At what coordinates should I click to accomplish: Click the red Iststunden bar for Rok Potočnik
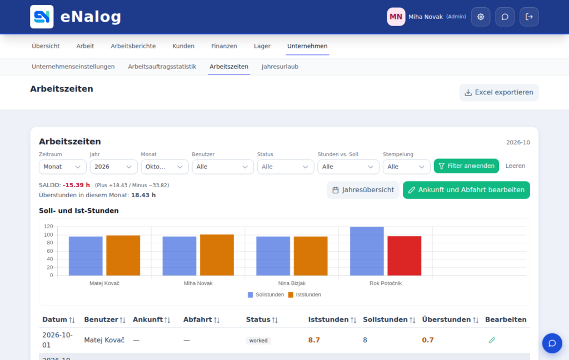(x=405, y=256)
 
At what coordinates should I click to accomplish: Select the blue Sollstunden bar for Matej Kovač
(x=86, y=256)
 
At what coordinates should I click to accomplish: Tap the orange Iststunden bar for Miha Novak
(x=217, y=255)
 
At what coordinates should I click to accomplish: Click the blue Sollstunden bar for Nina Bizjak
(x=273, y=256)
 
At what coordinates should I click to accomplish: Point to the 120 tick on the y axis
(x=49, y=227)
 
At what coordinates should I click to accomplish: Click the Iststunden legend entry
(x=305, y=294)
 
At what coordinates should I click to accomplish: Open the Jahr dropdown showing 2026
(x=113, y=167)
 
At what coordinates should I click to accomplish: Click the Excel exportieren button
(x=499, y=93)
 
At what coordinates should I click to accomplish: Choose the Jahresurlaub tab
(x=280, y=67)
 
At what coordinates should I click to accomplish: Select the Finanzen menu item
(x=224, y=46)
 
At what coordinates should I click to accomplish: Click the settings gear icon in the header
(x=481, y=17)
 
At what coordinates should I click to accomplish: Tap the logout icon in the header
(x=529, y=17)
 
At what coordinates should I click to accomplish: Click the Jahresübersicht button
(x=363, y=190)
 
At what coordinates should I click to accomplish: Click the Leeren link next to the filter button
(x=515, y=166)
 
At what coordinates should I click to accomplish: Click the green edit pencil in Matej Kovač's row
(x=492, y=341)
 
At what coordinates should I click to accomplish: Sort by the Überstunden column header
(x=450, y=319)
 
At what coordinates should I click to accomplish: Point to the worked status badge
(x=258, y=341)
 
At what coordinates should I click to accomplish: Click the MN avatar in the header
(x=396, y=17)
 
